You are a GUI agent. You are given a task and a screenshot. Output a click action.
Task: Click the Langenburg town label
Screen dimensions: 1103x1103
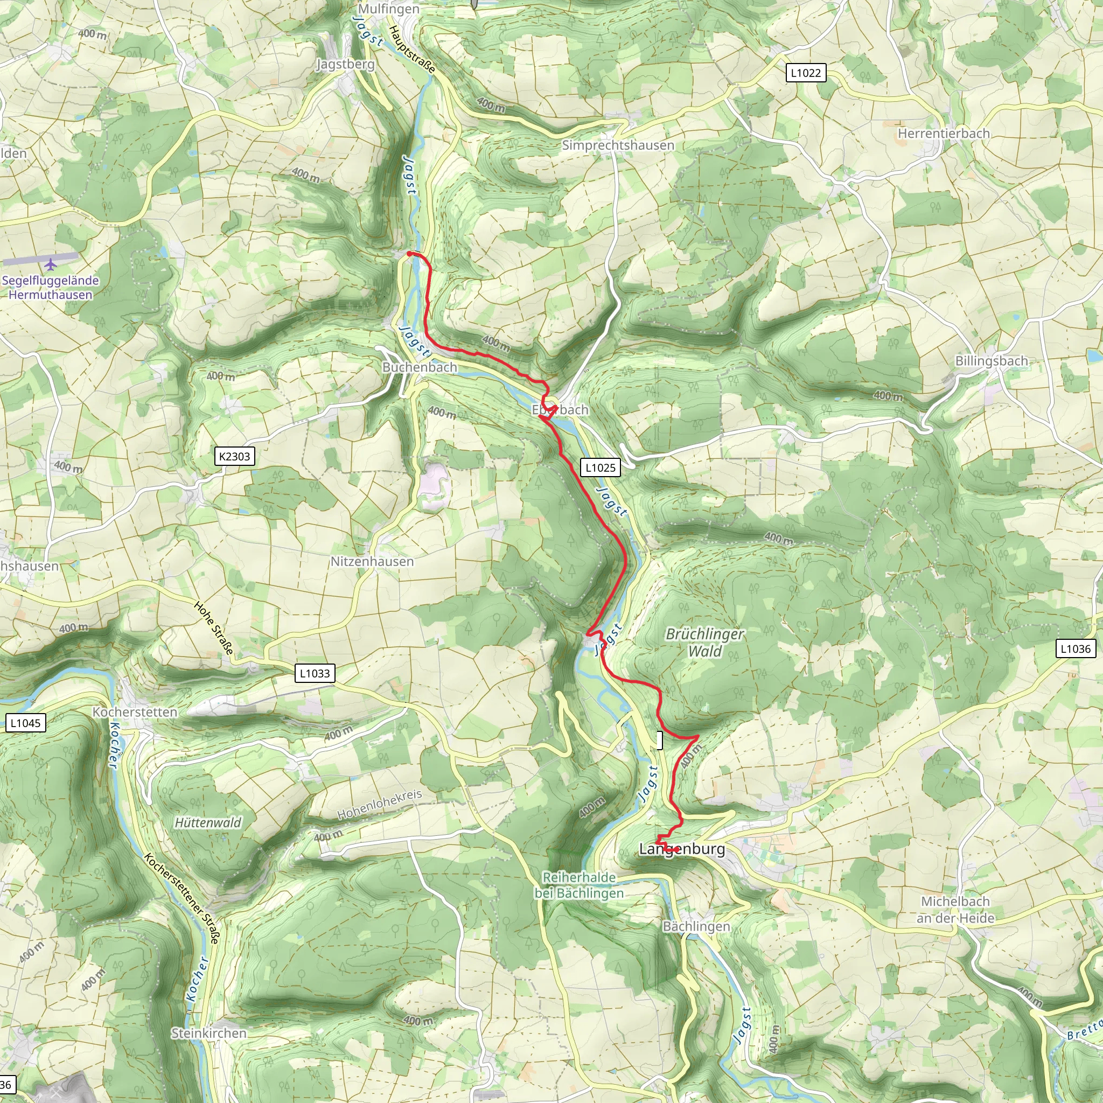click(x=682, y=849)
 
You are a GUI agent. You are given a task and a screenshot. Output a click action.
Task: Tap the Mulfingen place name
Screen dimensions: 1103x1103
click(x=388, y=9)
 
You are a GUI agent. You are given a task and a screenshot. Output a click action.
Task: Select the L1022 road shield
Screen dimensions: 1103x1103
click(x=805, y=73)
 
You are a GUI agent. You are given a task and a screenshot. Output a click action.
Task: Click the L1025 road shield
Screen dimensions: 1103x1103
click(x=600, y=467)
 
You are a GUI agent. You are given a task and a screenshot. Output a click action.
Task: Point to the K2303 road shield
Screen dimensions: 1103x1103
click(x=235, y=456)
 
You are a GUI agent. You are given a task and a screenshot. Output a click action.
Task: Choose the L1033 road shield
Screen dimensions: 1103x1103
click(x=315, y=673)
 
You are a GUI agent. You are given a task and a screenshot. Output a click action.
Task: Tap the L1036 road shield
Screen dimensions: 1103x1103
click(x=1075, y=648)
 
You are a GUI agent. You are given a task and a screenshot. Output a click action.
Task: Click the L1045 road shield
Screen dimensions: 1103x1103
click(x=26, y=723)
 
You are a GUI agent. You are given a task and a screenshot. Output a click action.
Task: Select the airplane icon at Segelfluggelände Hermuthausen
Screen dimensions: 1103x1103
click(x=51, y=265)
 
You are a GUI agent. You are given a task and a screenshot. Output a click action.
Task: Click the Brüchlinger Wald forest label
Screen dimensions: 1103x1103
click(x=704, y=643)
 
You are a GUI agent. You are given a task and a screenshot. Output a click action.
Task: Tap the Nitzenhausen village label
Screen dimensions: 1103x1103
click(x=372, y=561)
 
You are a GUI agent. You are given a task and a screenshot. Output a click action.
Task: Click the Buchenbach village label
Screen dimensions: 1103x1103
click(x=420, y=367)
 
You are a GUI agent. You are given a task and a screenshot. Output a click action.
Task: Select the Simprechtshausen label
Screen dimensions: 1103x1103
click(x=618, y=145)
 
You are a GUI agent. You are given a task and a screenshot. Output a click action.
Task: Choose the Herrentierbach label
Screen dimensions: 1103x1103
click(x=944, y=133)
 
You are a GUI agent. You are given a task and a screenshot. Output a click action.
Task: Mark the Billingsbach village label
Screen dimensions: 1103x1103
click(x=991, y=361)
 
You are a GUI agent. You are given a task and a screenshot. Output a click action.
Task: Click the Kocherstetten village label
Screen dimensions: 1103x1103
click(x=135, y=712)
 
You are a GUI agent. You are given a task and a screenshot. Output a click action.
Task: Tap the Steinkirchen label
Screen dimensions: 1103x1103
click(x=209, y=1033)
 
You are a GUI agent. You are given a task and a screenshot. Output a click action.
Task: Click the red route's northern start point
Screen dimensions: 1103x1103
click(x=409, y=254)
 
